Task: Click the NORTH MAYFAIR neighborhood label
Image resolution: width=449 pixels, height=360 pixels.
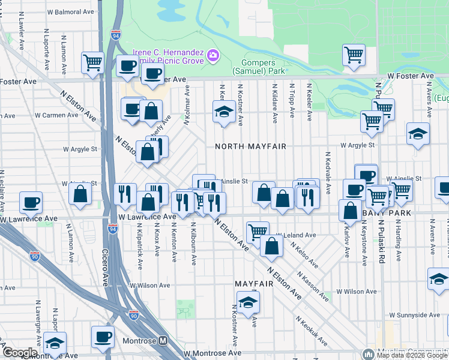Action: click(247, 146)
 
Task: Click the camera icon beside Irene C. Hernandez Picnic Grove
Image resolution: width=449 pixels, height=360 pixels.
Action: click(212, 56)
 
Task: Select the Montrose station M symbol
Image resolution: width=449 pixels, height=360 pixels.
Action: click(163, 340)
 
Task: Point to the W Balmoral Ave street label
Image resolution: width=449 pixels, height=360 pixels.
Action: click(70, 12)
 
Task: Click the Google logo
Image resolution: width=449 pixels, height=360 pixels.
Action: click(20, 353)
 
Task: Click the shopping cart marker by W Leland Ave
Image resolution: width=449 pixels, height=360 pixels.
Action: click(258, 231)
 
